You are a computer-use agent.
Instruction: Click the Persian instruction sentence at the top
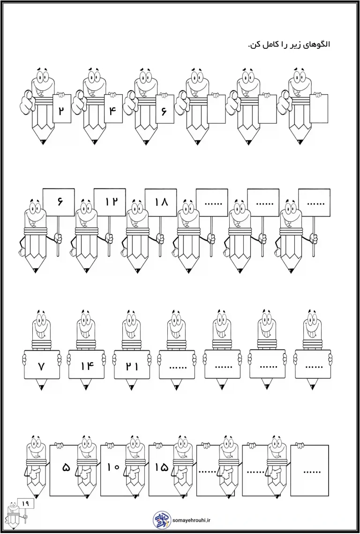(289, 45)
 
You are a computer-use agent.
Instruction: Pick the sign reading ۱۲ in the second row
(110, 202)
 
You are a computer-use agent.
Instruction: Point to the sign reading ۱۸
(161, 202)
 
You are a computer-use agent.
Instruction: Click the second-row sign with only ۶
(59, 202)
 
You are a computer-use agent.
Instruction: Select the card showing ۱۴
(86, 365)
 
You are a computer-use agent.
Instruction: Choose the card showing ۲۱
(131, 365)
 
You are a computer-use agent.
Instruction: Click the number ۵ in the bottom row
(66, 467)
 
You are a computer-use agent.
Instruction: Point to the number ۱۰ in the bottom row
(113, 467)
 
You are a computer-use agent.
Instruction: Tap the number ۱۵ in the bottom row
(162, 467)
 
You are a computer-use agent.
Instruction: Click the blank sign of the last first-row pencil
(318, 109)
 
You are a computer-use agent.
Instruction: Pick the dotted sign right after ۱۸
(212, 202)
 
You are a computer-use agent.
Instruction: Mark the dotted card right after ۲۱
(177, 365)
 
